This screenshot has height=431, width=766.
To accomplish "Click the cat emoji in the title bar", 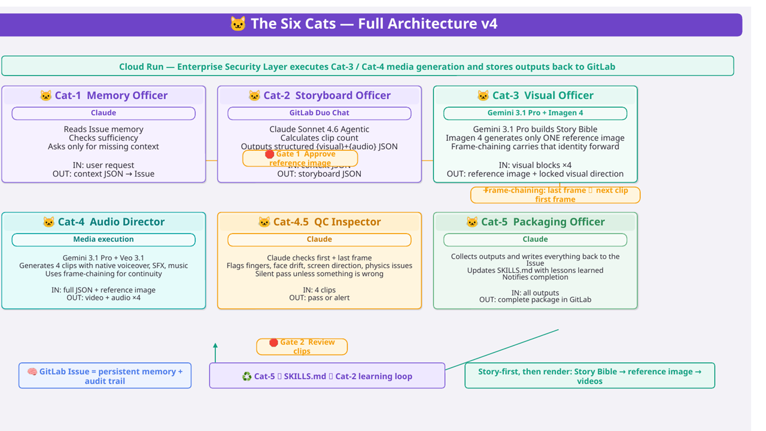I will coord(238,24).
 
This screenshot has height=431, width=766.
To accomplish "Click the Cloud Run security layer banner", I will coord(367,66).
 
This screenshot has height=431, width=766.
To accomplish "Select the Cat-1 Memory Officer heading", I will coord(104,95).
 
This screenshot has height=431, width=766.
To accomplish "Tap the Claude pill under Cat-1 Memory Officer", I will coord(104,113).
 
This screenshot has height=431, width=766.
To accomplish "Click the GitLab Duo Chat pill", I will coord(319,113).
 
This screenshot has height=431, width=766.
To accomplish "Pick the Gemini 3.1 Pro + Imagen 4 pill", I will coord(535,113).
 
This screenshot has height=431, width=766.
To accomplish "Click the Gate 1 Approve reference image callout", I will coord(300,158).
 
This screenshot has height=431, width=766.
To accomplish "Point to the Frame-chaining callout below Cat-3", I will coord(555,195).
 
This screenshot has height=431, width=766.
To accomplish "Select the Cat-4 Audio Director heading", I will coord(104,221).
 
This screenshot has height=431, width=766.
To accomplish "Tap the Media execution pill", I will coord(104,239).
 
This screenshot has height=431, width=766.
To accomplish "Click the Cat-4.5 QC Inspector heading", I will coord(319,221).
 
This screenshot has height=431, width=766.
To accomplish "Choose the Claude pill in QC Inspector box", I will coord(319,239).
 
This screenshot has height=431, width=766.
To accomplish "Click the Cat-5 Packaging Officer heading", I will coord(535,221).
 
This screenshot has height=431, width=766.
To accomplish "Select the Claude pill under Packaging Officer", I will coord(535,239).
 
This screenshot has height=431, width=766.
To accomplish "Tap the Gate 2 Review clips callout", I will coord(302,347).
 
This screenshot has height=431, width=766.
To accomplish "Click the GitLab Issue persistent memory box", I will coord(105,376).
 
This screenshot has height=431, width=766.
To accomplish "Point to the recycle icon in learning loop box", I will coord(247,377).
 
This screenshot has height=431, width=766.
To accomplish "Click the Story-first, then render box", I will coord(589,376).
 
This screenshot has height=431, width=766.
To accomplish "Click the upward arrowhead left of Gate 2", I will coord(215,346).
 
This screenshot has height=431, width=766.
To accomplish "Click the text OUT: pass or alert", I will coord(319,298).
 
